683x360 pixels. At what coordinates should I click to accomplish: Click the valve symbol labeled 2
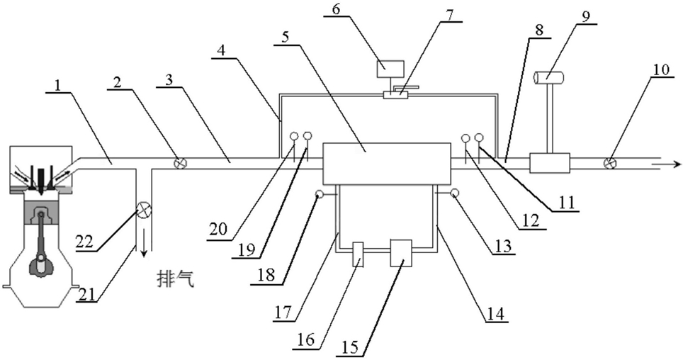179,163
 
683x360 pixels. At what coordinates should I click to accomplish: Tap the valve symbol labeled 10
610,164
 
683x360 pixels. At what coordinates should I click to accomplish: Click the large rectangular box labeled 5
386,163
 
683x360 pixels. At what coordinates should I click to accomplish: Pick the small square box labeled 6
390,69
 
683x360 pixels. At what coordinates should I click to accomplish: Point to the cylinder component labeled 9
548,77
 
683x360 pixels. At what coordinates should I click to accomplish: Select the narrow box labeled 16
358,254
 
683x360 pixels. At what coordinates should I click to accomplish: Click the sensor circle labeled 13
454,192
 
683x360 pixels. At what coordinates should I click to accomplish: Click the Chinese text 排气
176,279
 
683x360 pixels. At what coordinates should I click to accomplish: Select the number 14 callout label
496,313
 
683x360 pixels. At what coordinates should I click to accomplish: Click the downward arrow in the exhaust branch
143,246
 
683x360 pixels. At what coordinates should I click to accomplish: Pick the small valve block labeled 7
395,94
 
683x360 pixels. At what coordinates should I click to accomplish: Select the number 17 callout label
283,313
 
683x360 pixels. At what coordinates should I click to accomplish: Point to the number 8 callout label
540,30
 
